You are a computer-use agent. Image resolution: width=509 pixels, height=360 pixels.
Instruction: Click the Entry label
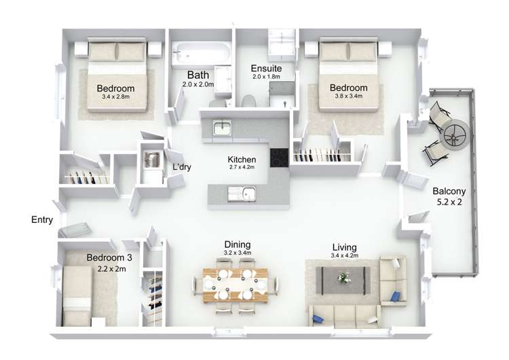42,220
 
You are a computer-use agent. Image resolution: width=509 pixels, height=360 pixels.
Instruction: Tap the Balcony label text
449,191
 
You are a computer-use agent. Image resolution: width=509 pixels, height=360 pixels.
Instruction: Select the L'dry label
182,167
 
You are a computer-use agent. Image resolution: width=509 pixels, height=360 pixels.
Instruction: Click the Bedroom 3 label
109,257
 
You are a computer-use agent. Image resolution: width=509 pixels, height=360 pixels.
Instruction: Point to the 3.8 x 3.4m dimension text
349,96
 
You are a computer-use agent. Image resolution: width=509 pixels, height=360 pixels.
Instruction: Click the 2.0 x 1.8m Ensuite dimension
266,77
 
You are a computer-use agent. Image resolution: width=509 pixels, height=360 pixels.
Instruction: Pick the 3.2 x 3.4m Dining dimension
238,253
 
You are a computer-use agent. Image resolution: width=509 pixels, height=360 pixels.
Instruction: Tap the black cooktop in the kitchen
279,158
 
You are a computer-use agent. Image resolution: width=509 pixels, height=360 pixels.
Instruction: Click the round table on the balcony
455,134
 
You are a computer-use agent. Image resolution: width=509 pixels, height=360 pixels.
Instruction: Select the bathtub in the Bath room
200,53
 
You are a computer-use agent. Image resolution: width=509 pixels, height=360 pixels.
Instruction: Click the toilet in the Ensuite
248,101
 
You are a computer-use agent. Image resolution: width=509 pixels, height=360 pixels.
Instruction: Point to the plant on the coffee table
342,278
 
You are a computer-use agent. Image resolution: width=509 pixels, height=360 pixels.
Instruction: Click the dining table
235,285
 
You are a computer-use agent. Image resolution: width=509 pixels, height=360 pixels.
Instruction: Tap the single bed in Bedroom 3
77,296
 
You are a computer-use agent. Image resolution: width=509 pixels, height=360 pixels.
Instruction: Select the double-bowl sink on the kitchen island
241,194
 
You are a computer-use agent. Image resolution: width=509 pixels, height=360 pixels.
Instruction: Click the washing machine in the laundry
152,160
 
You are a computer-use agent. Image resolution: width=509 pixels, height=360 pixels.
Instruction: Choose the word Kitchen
242,160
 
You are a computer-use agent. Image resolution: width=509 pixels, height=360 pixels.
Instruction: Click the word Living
344,247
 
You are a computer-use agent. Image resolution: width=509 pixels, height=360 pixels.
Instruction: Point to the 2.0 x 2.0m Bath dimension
198,84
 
